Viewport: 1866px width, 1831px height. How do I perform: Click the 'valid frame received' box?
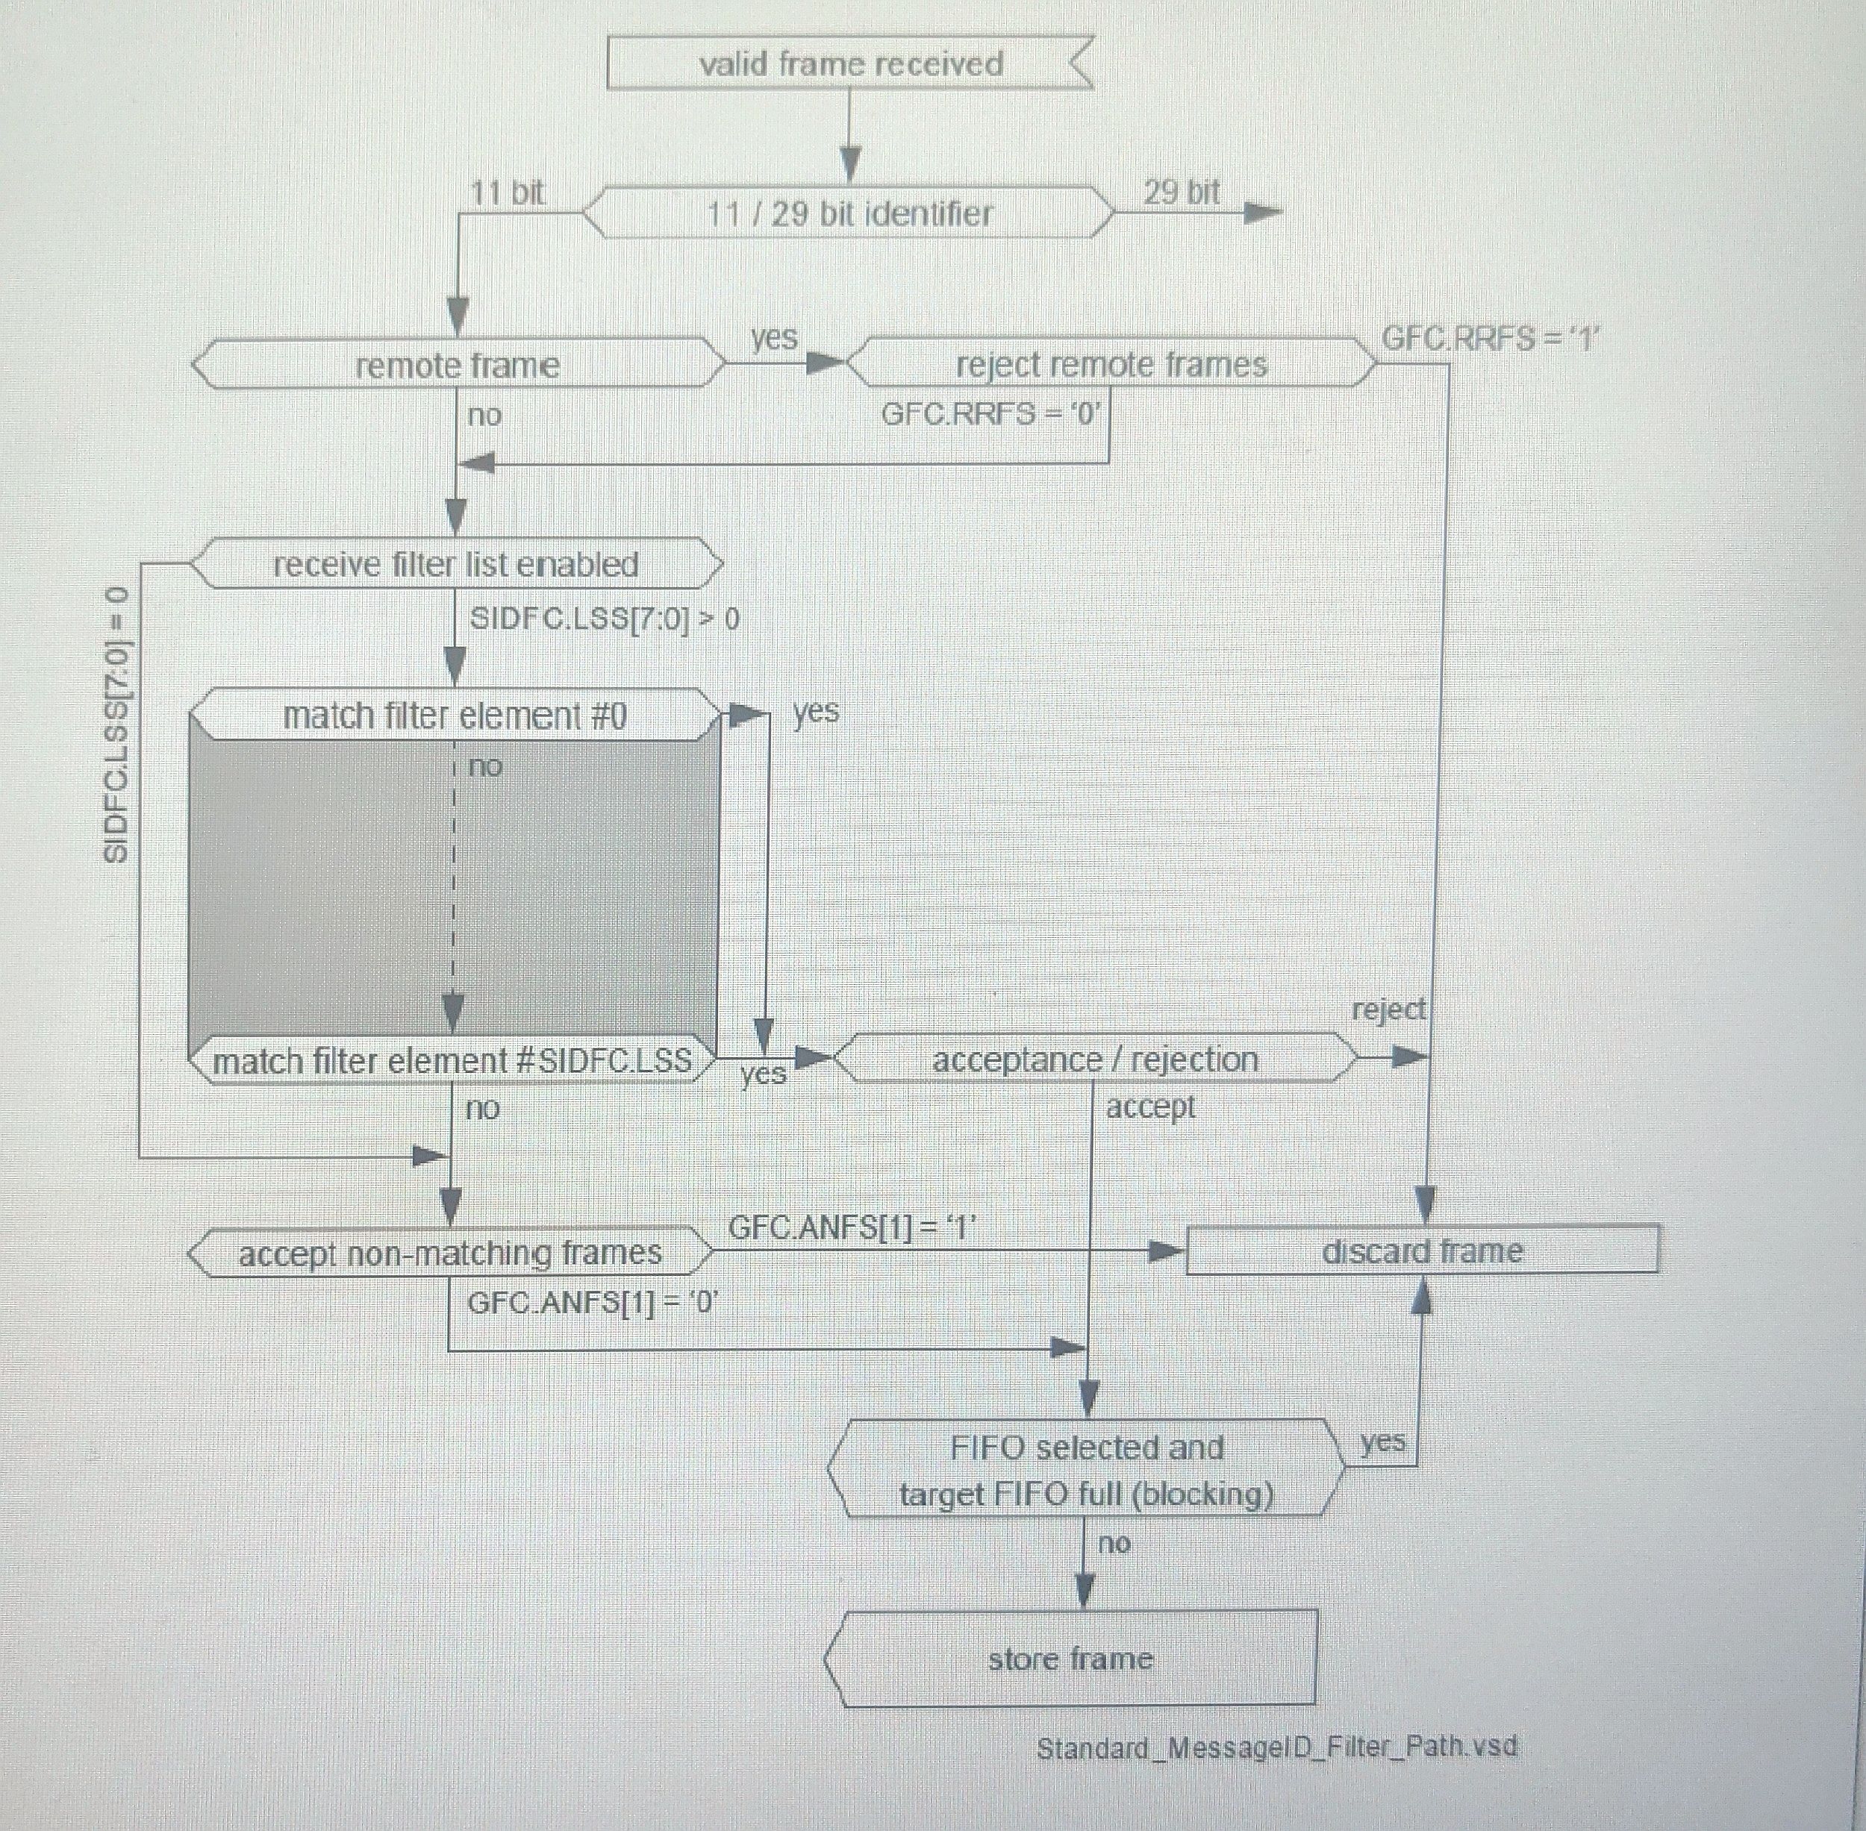850,63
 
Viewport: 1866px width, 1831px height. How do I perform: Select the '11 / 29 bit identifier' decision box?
849,213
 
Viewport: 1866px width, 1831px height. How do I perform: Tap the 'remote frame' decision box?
458,364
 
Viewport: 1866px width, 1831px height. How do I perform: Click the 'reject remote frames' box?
1111,363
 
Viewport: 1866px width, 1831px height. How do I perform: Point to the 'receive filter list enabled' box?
456,563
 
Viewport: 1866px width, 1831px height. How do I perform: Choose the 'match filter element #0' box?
455,716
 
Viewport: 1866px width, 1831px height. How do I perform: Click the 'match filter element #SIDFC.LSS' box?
452,1060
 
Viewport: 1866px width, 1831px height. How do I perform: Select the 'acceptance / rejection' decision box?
1094,1059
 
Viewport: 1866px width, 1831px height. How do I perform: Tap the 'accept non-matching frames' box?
450,1252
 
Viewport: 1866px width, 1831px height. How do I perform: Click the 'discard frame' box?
1422,1251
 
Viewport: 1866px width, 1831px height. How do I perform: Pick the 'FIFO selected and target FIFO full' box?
1086,1469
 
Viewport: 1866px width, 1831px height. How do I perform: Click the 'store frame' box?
1070,1658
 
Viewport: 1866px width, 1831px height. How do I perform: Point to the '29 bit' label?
1181,193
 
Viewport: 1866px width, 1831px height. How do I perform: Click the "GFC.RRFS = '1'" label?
1490,339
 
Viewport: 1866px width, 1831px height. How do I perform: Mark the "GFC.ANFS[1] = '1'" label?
852,1227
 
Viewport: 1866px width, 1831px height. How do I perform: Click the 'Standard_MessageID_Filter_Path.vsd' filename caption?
1276,1747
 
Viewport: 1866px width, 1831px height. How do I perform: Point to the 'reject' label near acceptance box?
1388,1010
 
